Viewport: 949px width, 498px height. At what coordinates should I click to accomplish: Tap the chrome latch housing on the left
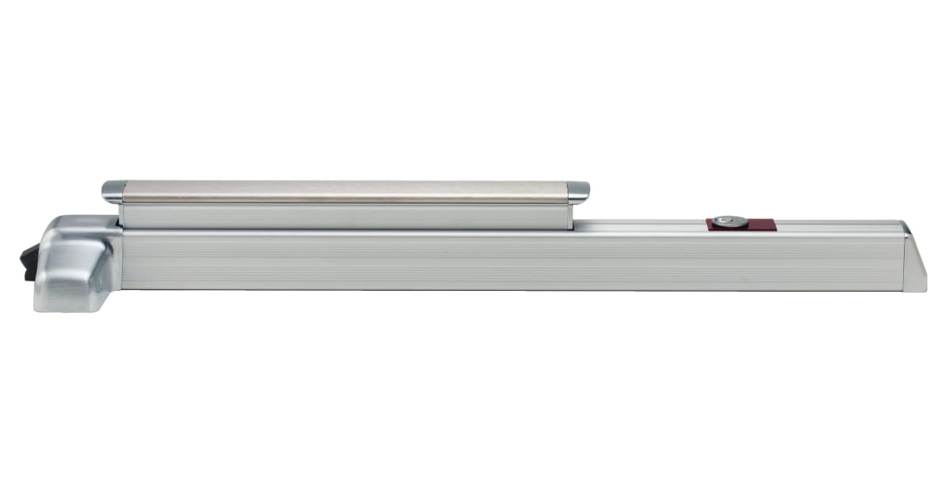point(75,265)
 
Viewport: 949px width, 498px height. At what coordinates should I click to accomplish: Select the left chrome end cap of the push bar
point(112,191)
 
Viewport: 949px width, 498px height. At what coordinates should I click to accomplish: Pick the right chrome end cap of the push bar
point(579,191)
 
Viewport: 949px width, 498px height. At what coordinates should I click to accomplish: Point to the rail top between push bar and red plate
point(641,226)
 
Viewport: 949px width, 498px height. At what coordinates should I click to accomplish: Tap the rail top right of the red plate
point(838,226)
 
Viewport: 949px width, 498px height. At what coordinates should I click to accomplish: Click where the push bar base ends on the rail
point(573,225)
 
